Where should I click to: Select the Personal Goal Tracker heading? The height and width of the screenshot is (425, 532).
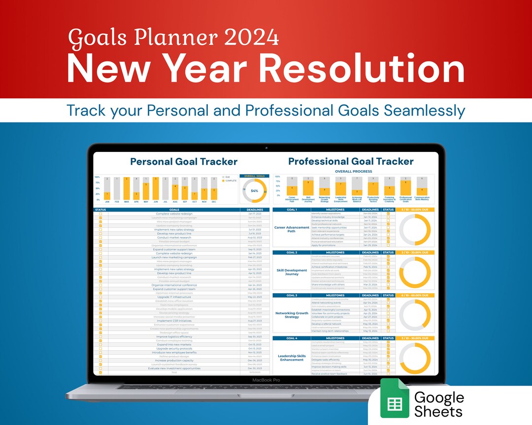[184, 161]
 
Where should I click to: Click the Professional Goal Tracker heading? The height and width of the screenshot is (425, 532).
[351, 161]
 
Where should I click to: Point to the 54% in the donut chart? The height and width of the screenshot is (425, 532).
[255, 191]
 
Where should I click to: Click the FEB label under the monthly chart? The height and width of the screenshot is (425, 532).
[117, 202]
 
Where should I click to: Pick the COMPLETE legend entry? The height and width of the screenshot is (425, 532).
[231, 181]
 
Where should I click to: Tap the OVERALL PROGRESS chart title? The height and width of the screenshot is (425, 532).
[354, 171]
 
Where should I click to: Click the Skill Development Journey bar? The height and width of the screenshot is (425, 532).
[308, 187]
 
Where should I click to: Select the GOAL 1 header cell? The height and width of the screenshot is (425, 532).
[292, 210]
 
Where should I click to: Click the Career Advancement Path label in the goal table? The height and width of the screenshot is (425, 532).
[292, 230]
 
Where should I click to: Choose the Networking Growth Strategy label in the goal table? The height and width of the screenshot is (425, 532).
[292, 315]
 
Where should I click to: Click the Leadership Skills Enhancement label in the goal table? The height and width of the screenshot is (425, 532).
[292, 358]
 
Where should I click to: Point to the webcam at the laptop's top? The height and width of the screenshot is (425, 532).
[266, 147]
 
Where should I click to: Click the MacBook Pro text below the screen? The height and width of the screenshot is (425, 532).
[266, 380]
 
